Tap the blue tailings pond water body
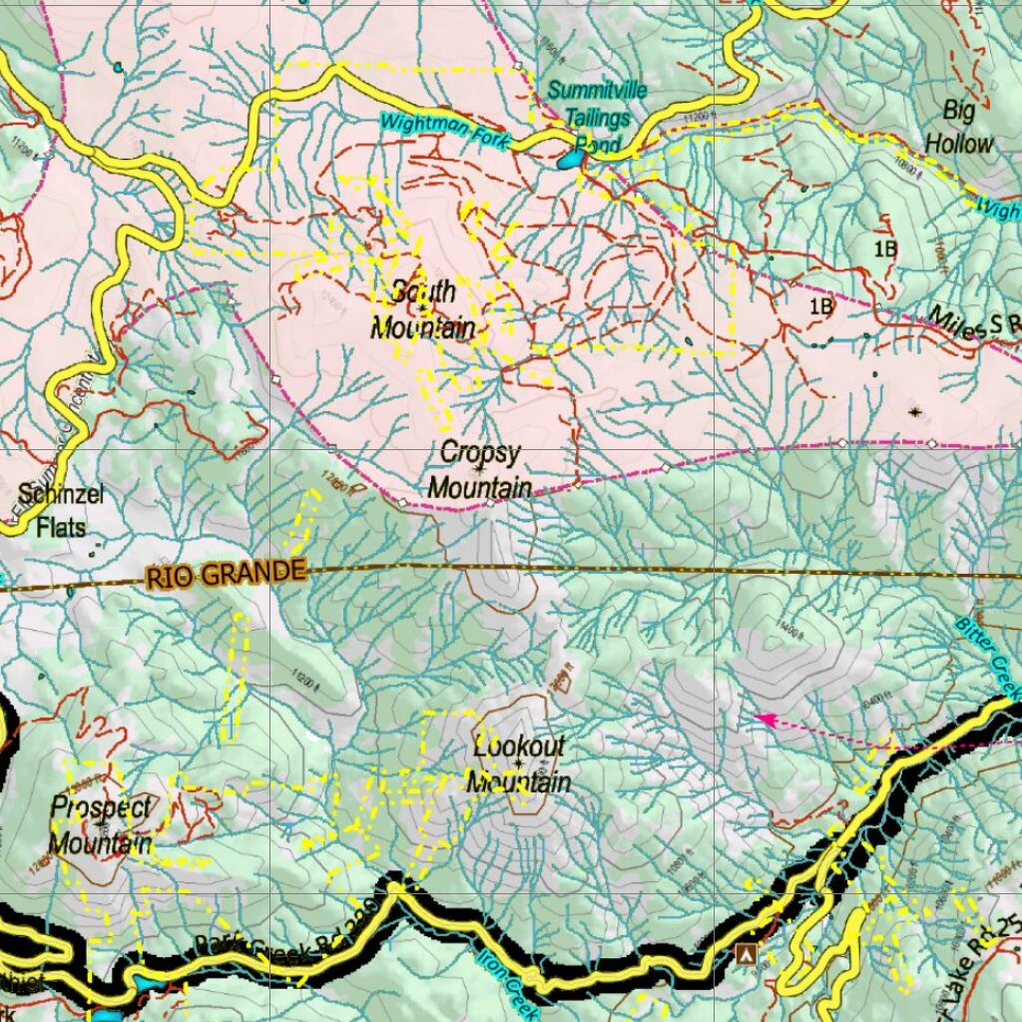pos(571,159)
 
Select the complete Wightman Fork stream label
pos(444,132)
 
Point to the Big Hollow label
pos(959,126)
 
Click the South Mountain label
pos(423,309)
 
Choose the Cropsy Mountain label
pos(480,470)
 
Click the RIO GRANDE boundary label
pos(225,574)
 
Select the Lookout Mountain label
pos(519,765)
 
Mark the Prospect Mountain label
pos(102,825)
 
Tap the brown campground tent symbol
pos(745,954)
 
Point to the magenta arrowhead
pos(763,718)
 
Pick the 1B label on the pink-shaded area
pos(820,306)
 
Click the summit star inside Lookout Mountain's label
pos(519,765)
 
